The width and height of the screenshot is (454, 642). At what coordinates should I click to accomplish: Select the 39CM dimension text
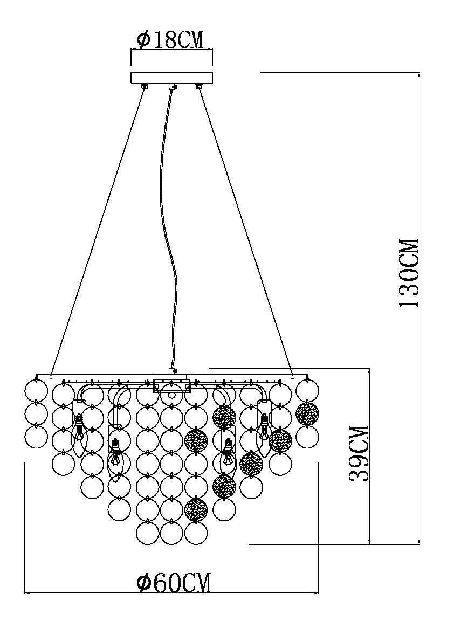[x=359, y=453]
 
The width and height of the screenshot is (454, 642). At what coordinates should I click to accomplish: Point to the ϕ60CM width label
[x=173, y=582]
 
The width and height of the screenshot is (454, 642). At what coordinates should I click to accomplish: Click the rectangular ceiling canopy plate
[x=171, y=77]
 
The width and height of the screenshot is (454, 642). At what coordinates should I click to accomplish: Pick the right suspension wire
[x=245, y=226]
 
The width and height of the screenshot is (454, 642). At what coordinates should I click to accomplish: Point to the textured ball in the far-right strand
[x=307, y=413]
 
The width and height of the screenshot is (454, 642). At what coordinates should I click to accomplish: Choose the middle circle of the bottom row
[x=172, y=533]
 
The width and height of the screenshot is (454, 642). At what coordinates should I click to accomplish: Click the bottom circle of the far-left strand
[x=37, y=436]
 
